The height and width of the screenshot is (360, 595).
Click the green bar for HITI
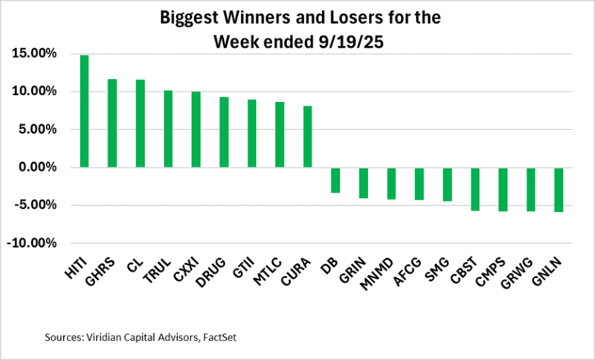click(84, 112)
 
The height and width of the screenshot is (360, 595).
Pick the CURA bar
click(307, 137)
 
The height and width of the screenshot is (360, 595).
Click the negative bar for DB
click(335, 180)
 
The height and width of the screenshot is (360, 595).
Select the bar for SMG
click(447, 184)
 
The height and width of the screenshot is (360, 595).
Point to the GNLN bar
click(559, 190)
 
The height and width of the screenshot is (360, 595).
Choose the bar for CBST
click(475, 189)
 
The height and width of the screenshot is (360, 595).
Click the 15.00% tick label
click(33, 54)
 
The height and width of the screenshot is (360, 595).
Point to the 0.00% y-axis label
click(36, 167)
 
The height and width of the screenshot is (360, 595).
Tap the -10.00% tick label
click(33, 243)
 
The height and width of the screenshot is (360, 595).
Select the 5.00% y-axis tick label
click(36, 129)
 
